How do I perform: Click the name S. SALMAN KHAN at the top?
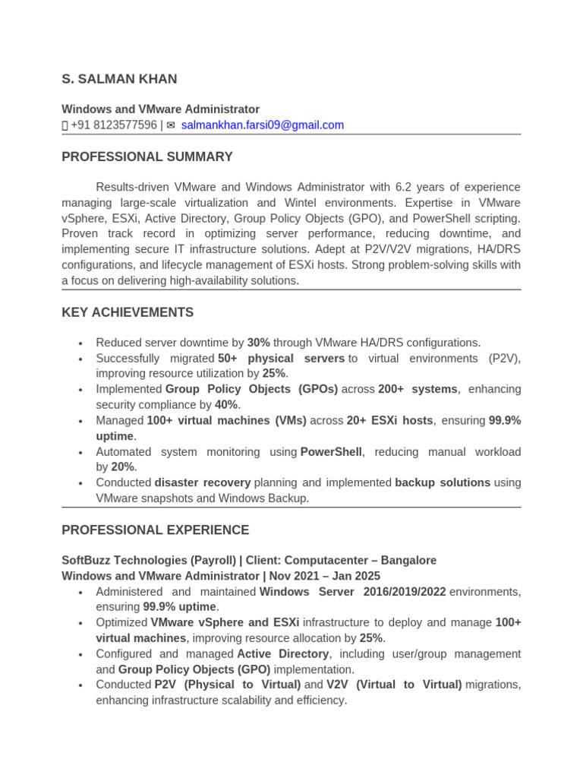coord(119,79)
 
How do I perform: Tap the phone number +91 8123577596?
coord(114,125)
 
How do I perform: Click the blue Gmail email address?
coord(262,125)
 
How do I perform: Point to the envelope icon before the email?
coord(171,125)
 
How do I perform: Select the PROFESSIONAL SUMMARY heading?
coord(147,157)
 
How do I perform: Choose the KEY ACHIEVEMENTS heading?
coord(128,312)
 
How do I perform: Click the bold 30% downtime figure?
coord(258,343)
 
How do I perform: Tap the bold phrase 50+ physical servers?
coord(281,358)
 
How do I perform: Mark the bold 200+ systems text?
coord(418,389)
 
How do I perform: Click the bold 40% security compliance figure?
coord(226,405)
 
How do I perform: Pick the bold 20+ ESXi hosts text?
coord(389,420)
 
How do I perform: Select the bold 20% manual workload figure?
coord(122,467)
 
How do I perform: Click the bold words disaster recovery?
coord(202,482)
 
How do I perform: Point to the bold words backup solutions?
coord(443,482)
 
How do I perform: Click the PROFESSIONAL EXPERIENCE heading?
coord(155,530)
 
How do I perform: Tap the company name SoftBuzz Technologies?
coord(124,561)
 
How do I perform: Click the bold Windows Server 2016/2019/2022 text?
coord(353,592)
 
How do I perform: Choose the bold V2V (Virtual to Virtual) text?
coord(394,685)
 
